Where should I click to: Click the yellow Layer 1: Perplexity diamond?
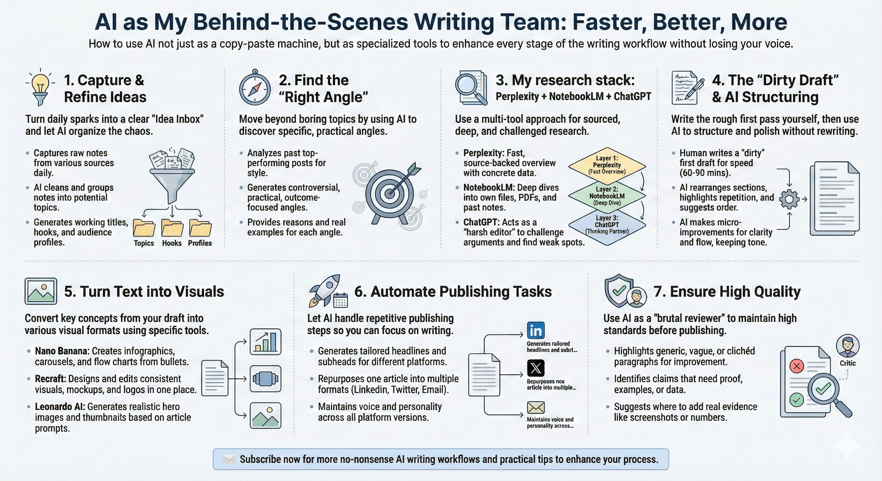click(607, 165)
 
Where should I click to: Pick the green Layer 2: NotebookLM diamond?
click(607, 196)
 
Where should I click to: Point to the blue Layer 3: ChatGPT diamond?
click(607, 225)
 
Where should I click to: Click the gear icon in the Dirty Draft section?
click(789, 199)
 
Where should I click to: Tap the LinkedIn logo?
click(536, 330)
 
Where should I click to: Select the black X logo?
click(536, 368)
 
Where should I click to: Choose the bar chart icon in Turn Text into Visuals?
click(265, 342)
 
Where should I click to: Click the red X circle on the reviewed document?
click(796, 366)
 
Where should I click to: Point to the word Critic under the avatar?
click(848, 363)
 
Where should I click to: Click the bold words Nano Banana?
click(62, 351)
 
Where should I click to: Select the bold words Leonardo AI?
click(60, 407)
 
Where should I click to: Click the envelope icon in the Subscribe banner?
click(229, 459)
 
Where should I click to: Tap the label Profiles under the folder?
click(200, 243)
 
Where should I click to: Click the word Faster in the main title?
click(609, 22)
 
